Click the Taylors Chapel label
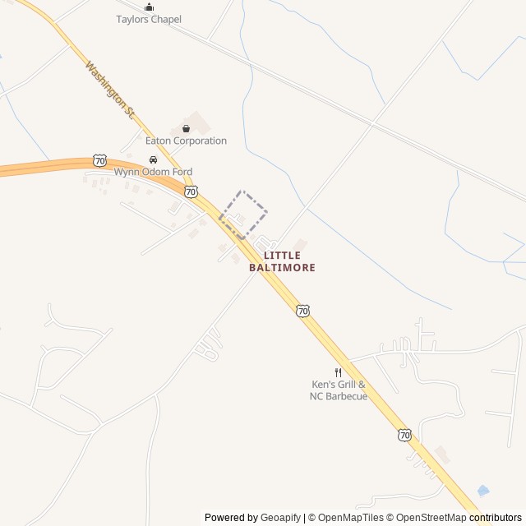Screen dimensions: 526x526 tap(149, 19)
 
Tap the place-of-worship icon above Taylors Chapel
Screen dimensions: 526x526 tap(149, 7)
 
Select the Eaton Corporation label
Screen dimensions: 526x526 tap(186, 141)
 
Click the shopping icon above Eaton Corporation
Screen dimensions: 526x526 tap(186, 128)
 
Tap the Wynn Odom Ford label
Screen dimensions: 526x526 tap(153, 172)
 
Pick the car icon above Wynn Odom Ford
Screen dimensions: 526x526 tap(153, 160)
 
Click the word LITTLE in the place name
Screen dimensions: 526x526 tap(282, 256)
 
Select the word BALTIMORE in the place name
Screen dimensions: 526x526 tap(282, 268)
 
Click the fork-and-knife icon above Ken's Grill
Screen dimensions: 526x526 tap(338, 372)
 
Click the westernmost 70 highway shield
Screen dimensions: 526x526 tap(99, 159)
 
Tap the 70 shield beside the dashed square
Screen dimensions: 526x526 tap(191, 191)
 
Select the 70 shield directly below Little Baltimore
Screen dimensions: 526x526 tap(303, 311)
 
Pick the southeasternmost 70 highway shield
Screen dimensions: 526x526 tap(404, 435)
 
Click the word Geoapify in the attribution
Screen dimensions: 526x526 tap(281, 518)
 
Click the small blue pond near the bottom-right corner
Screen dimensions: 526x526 tap(483, 491)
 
